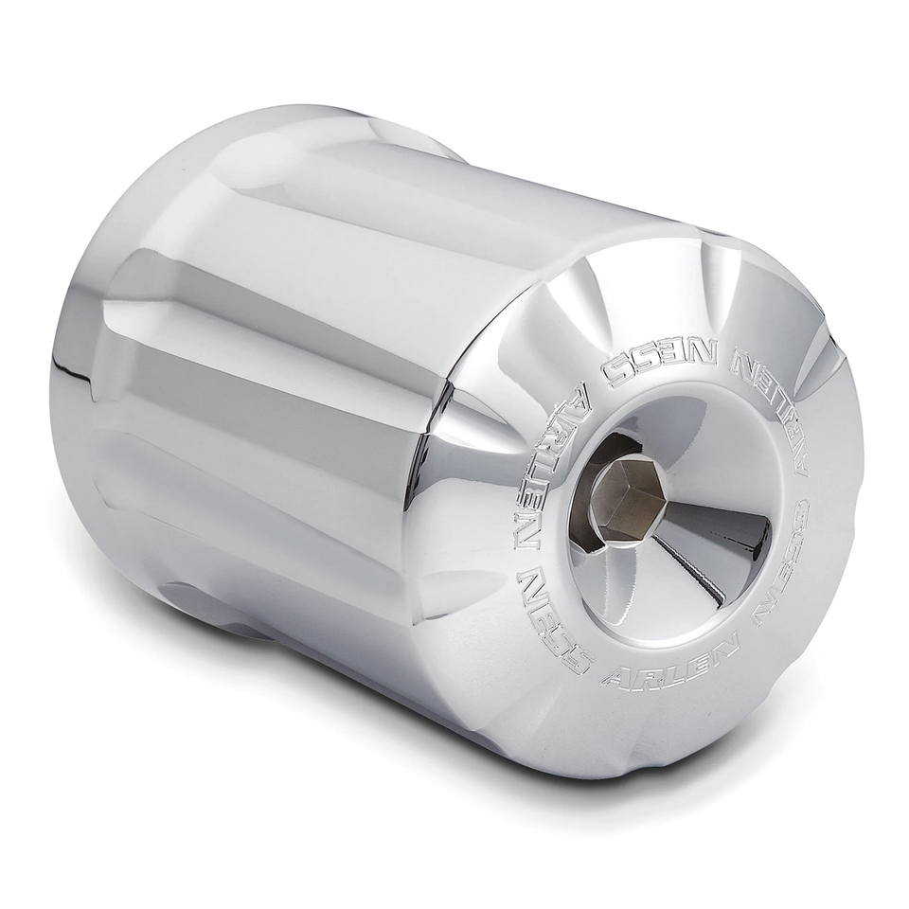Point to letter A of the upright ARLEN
point(615,678)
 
